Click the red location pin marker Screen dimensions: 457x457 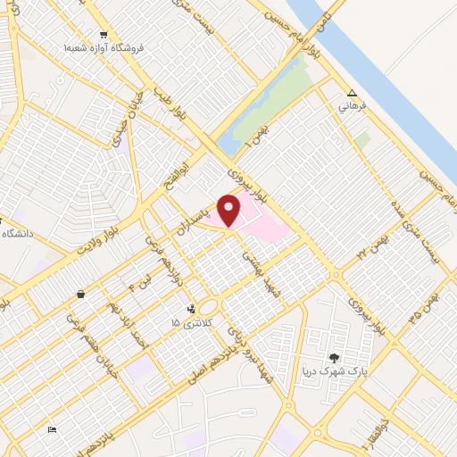(x=229, y=211)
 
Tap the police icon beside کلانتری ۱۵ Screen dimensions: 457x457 (x=190, y=310)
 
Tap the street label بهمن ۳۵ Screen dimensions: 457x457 (x=420, y=304)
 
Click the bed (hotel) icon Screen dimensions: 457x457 (x=53, y=429)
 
